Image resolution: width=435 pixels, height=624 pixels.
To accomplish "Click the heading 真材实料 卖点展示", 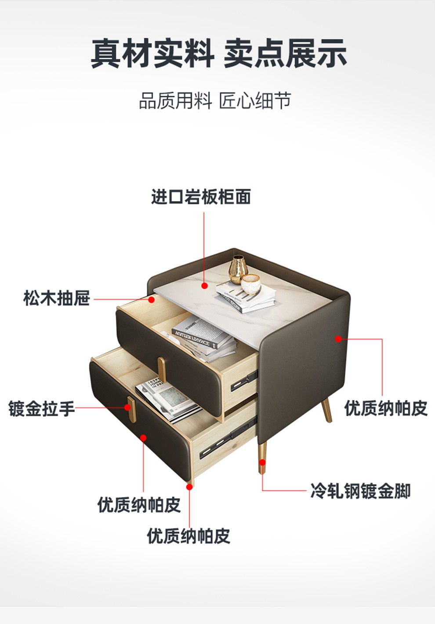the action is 218,54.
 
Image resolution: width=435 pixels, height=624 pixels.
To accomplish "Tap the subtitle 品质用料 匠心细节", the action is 215,101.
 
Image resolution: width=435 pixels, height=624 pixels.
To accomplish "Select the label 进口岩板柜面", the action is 201,197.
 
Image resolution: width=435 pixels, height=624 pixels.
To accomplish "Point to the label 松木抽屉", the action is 56,298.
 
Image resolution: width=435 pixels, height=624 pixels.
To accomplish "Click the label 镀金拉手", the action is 41,408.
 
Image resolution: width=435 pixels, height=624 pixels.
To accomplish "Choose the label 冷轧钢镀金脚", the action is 360,491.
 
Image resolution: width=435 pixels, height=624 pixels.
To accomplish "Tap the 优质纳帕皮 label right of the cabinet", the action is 385,408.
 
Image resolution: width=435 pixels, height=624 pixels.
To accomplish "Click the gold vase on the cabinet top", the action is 238,268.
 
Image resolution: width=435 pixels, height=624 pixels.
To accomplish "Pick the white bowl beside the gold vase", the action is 251,283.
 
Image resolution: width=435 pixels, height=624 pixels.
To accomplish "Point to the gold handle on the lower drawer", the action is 130,409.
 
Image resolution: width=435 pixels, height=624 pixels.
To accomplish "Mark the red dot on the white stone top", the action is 204,286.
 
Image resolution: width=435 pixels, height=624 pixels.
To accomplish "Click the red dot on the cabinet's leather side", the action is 338,338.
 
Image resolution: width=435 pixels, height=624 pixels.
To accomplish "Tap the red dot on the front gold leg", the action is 262,462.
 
